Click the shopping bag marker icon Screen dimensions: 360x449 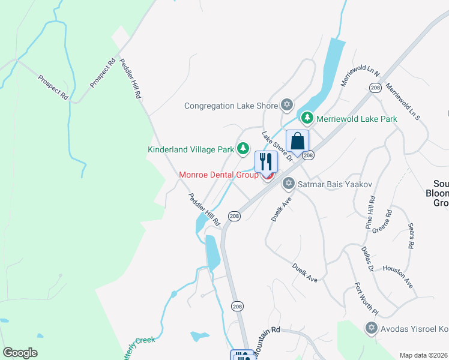coord(297,142)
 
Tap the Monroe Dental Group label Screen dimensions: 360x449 coord(218,175)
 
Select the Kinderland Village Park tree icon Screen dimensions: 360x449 coord(243,148)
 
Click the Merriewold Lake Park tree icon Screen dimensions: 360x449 coord(307,118)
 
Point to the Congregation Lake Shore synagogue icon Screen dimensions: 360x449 coord(286,106)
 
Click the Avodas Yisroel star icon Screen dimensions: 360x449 coord(371,328)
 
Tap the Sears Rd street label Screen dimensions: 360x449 coord(411,236)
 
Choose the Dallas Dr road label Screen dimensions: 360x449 coord(367,259)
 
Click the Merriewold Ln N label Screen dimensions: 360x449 coord(360,77)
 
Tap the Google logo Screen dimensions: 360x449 coord(20,353)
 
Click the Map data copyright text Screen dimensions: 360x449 coord(424,355)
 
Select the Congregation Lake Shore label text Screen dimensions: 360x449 coord(231,106)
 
